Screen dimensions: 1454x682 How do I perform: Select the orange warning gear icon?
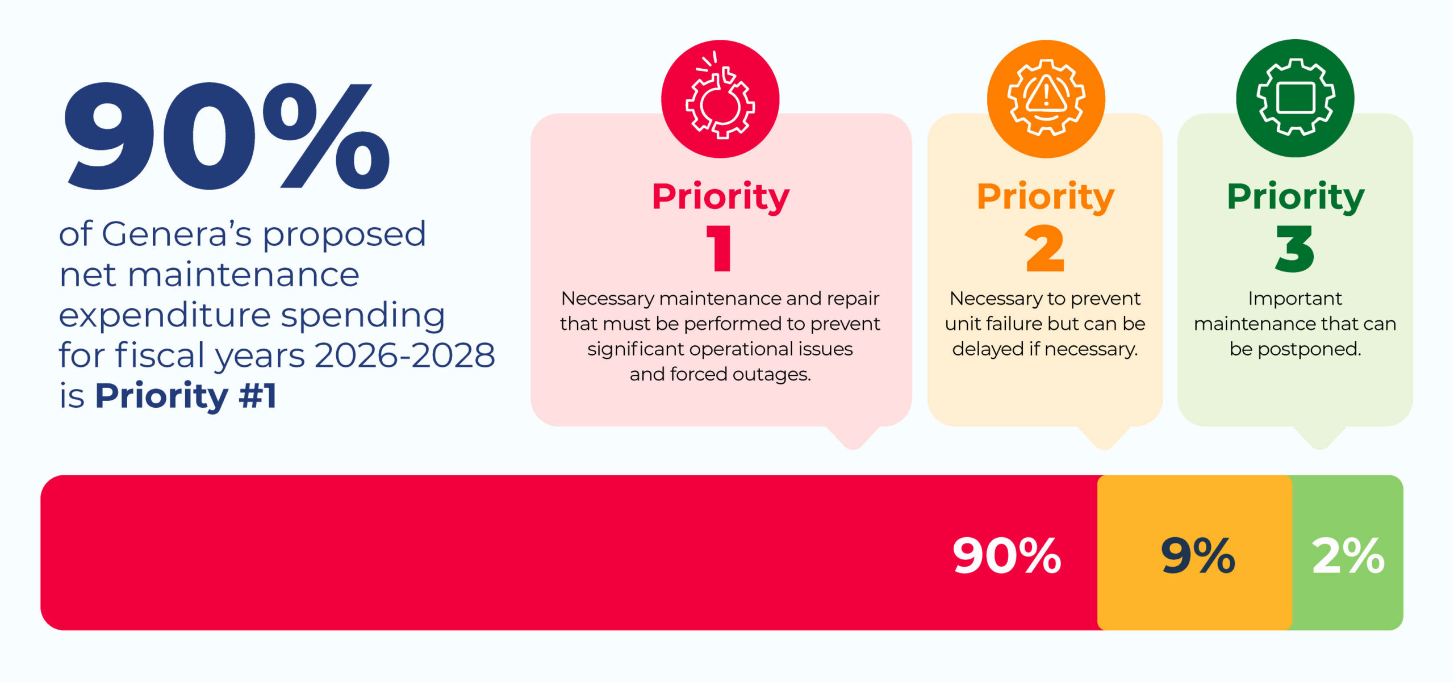tap(1046, 98)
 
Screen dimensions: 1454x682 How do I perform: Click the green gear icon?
tap(1295, 98)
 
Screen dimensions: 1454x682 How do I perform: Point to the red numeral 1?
tap(720, 248)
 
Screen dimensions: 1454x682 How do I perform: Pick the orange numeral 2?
tap(1045, 249)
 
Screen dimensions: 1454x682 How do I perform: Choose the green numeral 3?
tap(1295, 249)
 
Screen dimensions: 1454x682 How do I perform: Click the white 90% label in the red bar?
tap(1007, 555)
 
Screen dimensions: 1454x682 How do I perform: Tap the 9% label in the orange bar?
tap(1198, 555)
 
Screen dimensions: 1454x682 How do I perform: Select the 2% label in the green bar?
tap(1348, 555)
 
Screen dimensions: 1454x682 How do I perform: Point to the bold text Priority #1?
tap(186, 396)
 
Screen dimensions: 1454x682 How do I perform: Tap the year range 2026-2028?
tap(404, 355)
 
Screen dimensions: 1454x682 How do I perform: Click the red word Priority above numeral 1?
tap(720, 197)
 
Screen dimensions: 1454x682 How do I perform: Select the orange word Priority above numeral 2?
tap(1046, 197)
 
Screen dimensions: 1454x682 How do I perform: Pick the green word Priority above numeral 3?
tap(1296, 197)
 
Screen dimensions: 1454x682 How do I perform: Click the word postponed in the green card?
tap(1309, 349)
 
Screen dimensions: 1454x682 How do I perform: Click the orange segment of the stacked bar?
tap(1194, 552)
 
